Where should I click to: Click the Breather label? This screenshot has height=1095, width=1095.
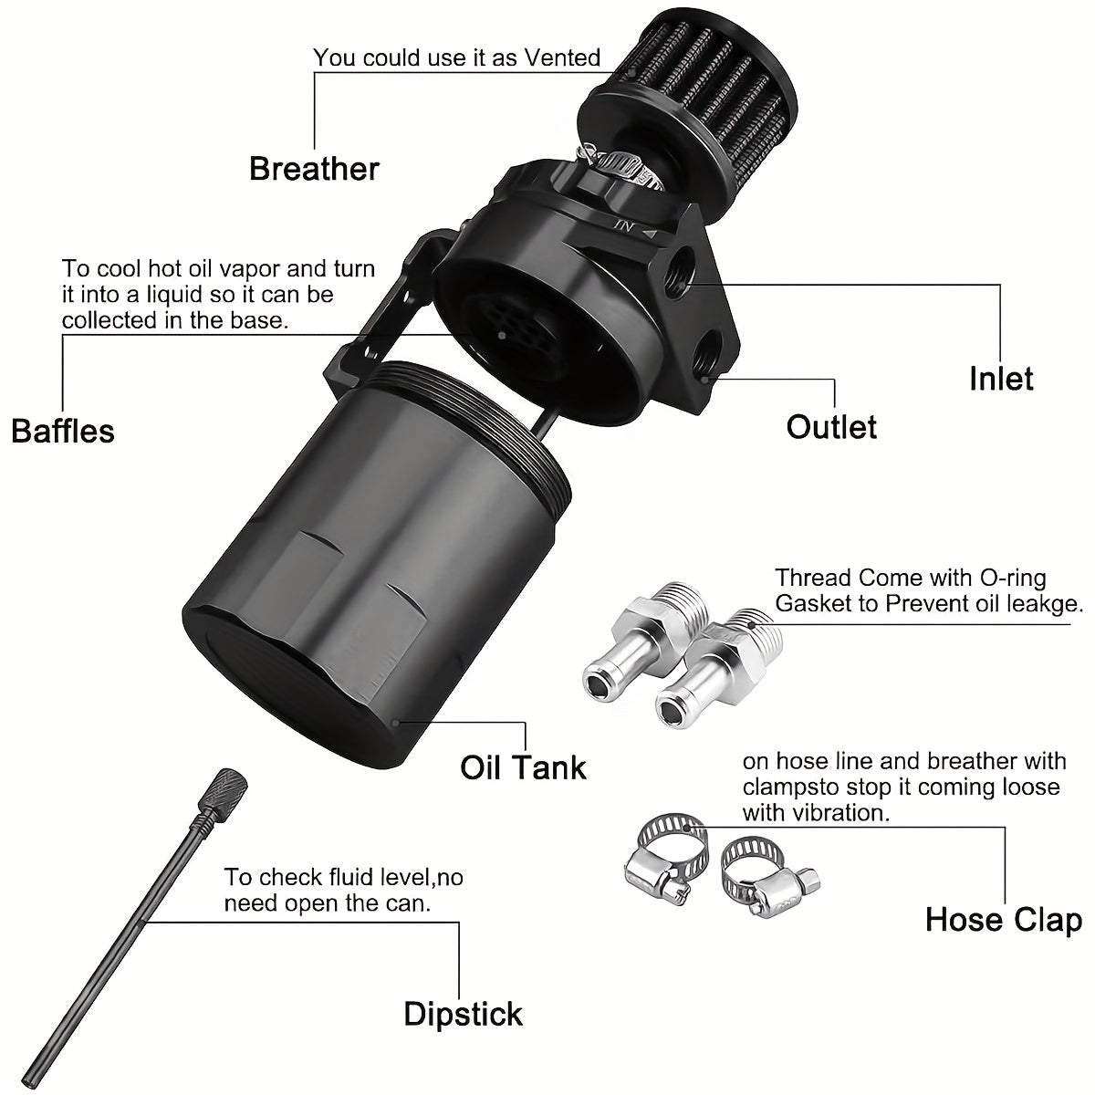pyautogui.click(x=314, y=169)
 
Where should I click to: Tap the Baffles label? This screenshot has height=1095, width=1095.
pyautogui.click(x=63, y=430)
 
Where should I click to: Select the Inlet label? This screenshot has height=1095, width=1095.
pyautogui.click(x=1001, y=378)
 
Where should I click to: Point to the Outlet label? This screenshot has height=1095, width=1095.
pyautogui.click(x=831, y=426)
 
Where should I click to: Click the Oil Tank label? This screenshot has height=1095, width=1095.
pyautogui.click(x=523, y=766)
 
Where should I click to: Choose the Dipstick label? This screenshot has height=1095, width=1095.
pyautogui.click(x=464, y=1014)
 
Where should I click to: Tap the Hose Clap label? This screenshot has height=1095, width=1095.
pyautogui.click(x=1004, y=919)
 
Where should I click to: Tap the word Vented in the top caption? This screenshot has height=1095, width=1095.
pyautogui.click(x=562, y=58)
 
